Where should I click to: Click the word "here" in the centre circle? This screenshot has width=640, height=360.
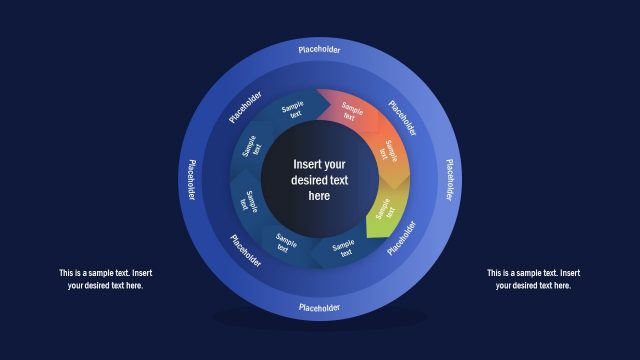click(x=319, y=197)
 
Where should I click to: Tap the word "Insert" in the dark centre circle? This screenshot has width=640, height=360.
click(x=306, y=164)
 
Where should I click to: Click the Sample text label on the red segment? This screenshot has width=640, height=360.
click(x=350, y=110)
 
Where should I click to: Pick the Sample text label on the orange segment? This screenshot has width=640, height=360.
click(x=392, y=154)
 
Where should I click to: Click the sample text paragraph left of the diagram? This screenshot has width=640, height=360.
click(x=105, y=279)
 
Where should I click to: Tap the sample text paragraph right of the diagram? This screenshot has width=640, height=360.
click(x=533, y=279)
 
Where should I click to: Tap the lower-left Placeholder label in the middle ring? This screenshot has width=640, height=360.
click(x=246, y=250)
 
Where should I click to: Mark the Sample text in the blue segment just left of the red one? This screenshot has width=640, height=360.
click(x=293, y=110)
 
